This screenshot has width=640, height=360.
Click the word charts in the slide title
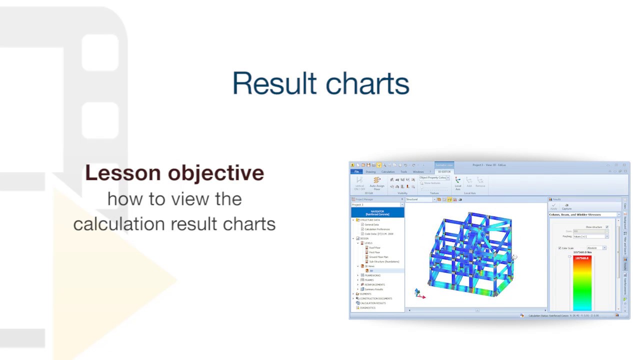click(365, 83)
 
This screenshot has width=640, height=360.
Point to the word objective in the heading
click(216, 173)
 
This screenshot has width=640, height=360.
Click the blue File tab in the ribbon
click(356, 172)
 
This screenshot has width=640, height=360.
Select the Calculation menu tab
click(388, 172)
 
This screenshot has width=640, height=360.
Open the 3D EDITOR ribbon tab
click(444, 172)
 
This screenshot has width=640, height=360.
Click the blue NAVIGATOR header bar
click(377, 213)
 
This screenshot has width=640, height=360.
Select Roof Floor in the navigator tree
click(374, 248)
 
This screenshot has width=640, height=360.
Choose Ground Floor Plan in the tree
click(378, 257)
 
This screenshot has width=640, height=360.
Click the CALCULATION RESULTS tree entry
click(372, 303)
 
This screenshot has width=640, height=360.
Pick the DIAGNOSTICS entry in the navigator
click(367, 308)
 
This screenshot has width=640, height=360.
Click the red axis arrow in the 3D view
click(421, 296)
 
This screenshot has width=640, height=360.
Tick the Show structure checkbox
click(607, 227)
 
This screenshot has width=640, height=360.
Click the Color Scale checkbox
click(560, 248)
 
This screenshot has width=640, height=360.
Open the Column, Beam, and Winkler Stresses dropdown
click(618, 214)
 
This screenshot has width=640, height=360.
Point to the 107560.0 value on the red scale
click(582, 258)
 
